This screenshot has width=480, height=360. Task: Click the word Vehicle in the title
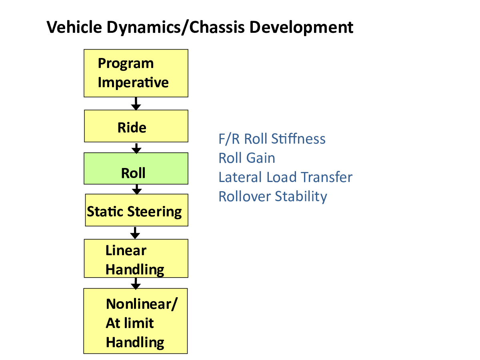(74, 27)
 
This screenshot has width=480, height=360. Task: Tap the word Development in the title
(301, 28)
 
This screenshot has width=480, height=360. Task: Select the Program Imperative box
(136, 73)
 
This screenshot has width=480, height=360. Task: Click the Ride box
(136, 126)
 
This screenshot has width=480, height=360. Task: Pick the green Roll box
(136, 168)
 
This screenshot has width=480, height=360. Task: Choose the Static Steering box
(136, 210)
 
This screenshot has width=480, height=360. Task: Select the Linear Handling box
(136, 258)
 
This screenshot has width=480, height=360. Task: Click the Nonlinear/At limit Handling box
(135, 321)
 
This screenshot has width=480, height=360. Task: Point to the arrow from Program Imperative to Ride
(136, 104)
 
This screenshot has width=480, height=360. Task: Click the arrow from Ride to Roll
(136, 148)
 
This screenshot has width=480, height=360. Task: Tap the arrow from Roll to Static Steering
(137, 189)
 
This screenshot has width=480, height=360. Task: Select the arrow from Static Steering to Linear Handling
(135, 233)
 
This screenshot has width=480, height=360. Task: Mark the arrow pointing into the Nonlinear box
(136, 284)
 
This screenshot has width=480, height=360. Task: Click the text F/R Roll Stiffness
(272, 139)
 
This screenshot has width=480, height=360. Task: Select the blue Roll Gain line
(247, 158)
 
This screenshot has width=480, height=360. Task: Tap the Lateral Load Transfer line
(285, 177)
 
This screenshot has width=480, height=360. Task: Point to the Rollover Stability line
(273, 196)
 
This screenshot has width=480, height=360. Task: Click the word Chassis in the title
(217, 27)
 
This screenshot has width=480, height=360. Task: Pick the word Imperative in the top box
(133, 82)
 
